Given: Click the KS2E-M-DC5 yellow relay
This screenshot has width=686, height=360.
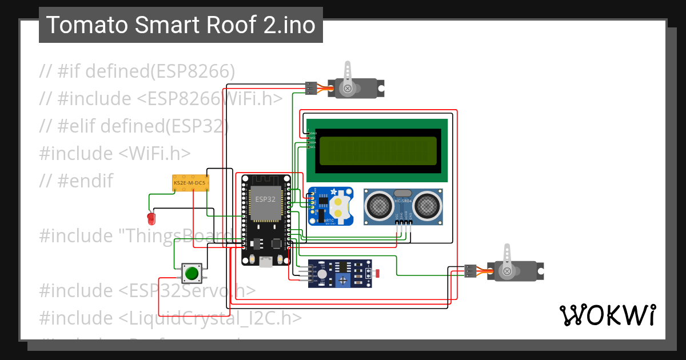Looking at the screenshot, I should coord(191,183).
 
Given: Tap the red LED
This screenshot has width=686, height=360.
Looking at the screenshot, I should coord(151,218).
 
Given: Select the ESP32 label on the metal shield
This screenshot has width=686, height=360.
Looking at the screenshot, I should coord(265,199).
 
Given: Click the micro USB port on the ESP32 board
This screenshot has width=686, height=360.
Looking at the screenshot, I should coord(265,262).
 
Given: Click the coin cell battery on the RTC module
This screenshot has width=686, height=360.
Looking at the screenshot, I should coord(339,207).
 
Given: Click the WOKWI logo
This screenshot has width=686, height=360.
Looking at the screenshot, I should coord(607,315).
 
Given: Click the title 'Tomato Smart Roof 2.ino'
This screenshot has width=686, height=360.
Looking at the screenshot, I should coord(181,25).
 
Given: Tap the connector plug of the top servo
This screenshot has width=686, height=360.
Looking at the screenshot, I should coord(311,88).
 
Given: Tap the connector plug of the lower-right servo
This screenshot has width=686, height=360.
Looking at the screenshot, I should coord(470,271).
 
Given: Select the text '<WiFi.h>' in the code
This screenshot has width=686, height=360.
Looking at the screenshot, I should coord(155,153).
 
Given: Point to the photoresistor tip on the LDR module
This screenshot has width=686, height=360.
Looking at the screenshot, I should coord(376,274).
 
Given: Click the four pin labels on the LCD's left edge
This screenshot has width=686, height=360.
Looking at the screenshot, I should coord(312,140).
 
